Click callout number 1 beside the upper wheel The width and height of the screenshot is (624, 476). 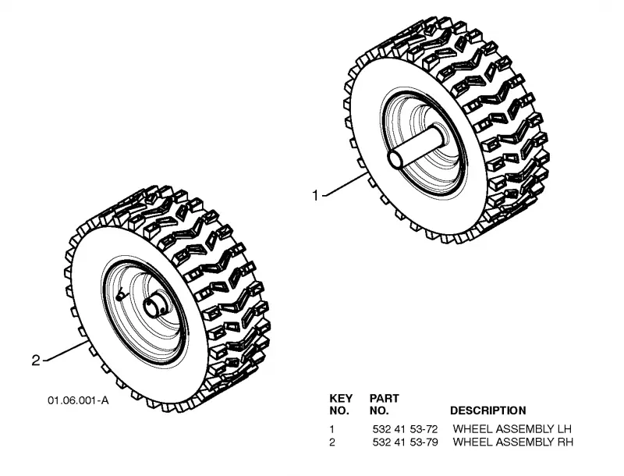point(315,196)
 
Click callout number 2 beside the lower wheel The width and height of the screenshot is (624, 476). point(36,361)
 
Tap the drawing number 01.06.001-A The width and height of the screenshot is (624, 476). point(79,400)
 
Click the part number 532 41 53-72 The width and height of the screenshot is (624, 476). point(405,429)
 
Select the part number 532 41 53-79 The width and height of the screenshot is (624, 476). point(405,442)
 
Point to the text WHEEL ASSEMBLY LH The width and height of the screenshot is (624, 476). point(512,429)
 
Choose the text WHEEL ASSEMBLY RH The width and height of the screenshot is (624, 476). point(513,442)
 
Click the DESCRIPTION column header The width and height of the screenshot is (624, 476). point(488,410)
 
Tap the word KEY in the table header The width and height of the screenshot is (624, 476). point(341,398)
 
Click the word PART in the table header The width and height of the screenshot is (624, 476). point(384,398)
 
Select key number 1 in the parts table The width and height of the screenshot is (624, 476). point(332,429)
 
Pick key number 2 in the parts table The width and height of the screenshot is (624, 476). point(332,442)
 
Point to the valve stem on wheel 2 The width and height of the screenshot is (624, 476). point(120,295)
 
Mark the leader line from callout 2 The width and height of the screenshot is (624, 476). point(66,351)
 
